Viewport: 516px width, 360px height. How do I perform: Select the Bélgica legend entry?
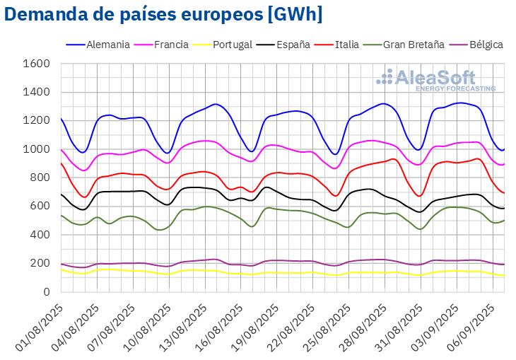pyautogui.click(x=480, y=45)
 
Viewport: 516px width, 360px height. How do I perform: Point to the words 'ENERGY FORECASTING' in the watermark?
pyautogui.click(x=455, y=89)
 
